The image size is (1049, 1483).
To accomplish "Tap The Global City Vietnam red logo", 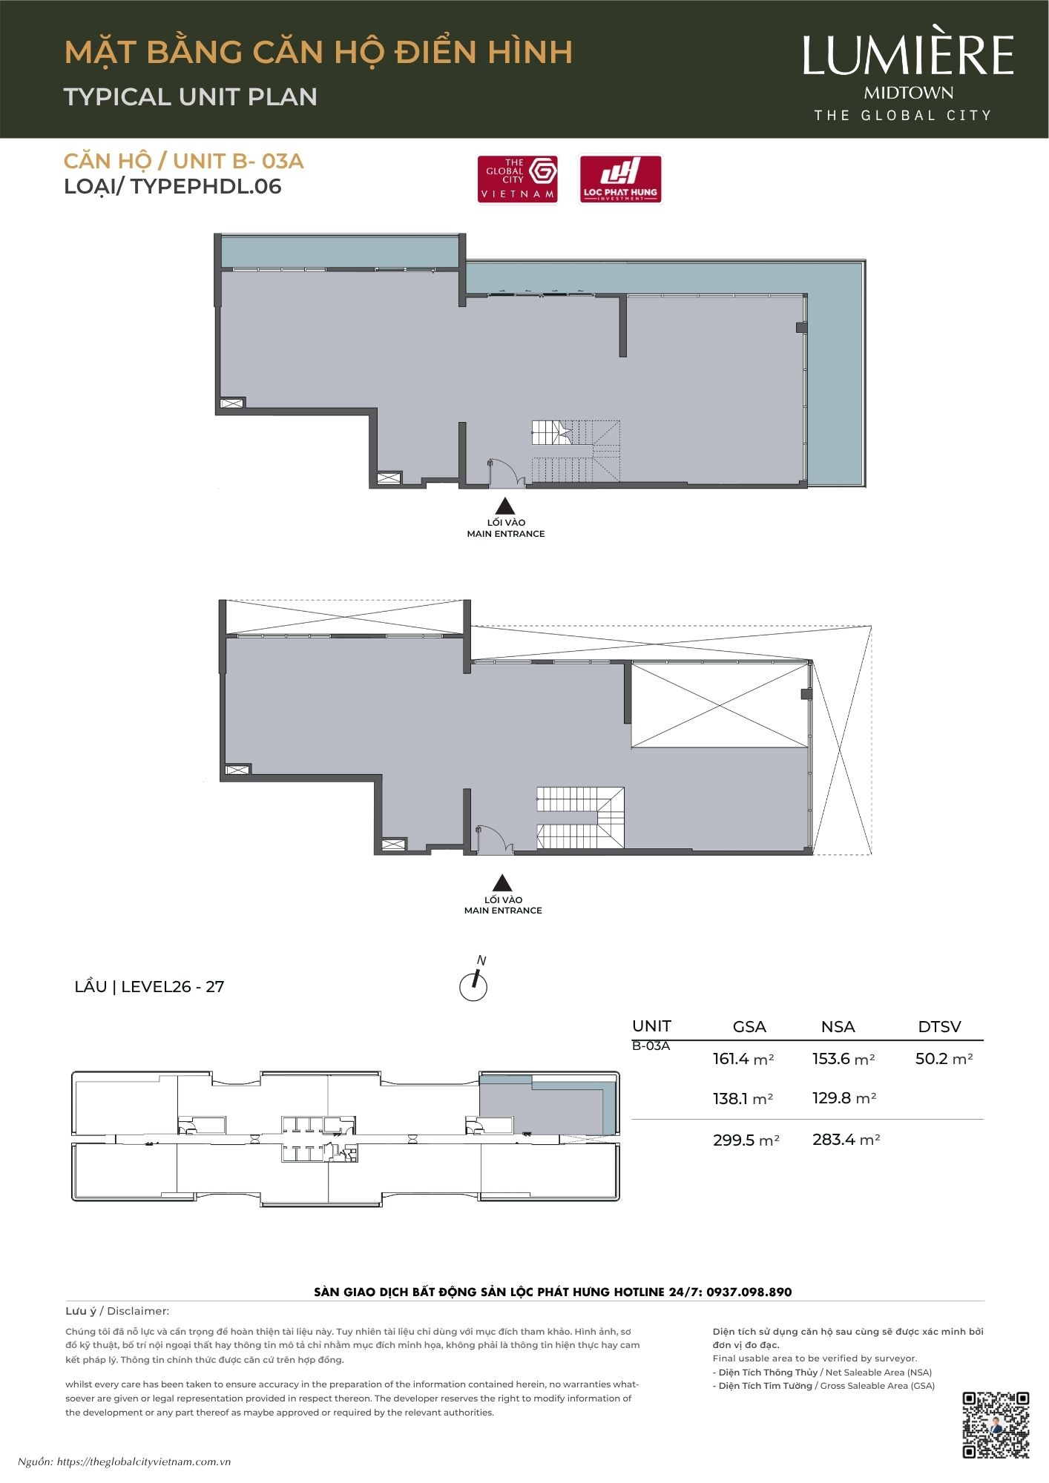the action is tap(517, 179).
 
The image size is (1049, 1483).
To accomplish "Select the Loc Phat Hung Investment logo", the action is tap(620, 179).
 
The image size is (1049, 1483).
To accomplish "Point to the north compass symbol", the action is tap(474, 980).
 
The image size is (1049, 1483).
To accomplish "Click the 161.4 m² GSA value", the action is tap(743, 1059).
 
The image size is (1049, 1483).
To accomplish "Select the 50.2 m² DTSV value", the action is tap(944, 1059).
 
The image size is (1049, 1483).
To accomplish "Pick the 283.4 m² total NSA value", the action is tap(846, 1140).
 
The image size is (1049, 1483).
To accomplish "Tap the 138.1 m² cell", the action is tap(743, 1099).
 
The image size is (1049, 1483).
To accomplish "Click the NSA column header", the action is tap(838, 1027).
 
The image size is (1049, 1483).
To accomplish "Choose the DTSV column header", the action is tap(939, 1027).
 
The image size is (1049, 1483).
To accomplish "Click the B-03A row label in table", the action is tap(651, 1046).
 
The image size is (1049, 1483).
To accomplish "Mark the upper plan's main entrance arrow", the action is tap(505, 506).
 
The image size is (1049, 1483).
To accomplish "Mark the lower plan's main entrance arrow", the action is tap(503, 882).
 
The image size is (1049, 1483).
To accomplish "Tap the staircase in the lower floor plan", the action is tap(580, 818).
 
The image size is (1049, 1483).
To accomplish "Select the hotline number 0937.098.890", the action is tap(749, 1292).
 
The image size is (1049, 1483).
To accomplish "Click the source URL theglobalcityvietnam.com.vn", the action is tap(144, 1462).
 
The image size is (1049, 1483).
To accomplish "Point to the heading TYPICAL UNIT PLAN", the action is tap(191, 96).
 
